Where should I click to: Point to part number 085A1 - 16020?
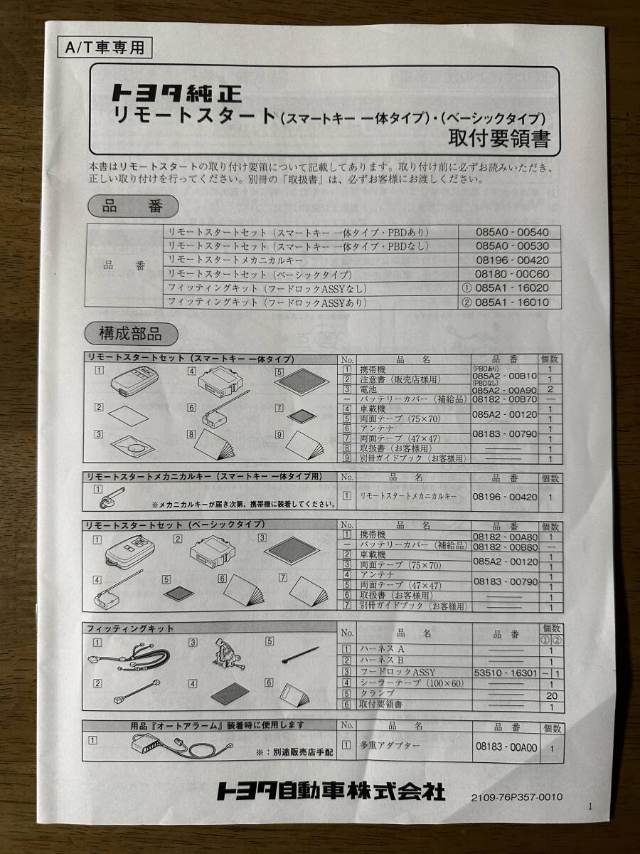click(x=518, y=288)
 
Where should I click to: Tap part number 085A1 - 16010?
click(x=518, y=302)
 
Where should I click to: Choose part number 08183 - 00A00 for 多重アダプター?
click(x=506, y=748)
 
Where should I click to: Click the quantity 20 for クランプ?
click(x=551, y=695)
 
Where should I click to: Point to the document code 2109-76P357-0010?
click(x=516, y=796)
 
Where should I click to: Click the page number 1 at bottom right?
click(x=590, y=806)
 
